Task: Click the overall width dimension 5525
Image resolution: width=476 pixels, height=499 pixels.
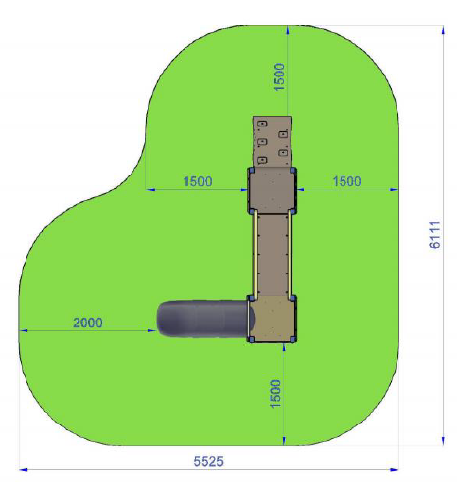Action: click(x=209, y=461)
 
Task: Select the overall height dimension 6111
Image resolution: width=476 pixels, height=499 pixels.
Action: click(x=435, y=234)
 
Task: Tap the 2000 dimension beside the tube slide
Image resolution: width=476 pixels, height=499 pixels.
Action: click(x=87, y=323)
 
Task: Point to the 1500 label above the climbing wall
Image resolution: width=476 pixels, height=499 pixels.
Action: click(x=279, y=77)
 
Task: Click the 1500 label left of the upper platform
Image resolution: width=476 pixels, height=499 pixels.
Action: click(x=198, y=181)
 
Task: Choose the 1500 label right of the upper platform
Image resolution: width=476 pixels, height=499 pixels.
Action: click(x=346, y=181)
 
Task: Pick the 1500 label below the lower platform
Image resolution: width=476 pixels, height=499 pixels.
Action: click(x=275, y=394)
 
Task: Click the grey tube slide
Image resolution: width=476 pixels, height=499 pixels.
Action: click(x=205, y=319)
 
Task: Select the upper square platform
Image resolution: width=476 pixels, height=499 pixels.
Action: click(x=272, y=190)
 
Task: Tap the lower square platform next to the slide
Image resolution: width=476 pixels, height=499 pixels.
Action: click(x=272, y=319)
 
